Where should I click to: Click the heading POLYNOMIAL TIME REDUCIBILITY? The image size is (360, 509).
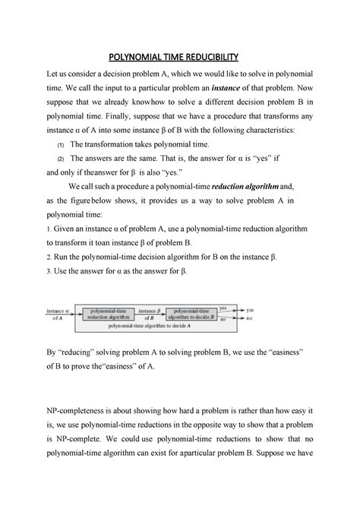click(x=179, y=58)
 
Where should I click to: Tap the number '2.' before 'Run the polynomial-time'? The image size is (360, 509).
click(x=49, y=257)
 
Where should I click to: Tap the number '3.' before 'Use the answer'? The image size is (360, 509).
click(x=49, y=271)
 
